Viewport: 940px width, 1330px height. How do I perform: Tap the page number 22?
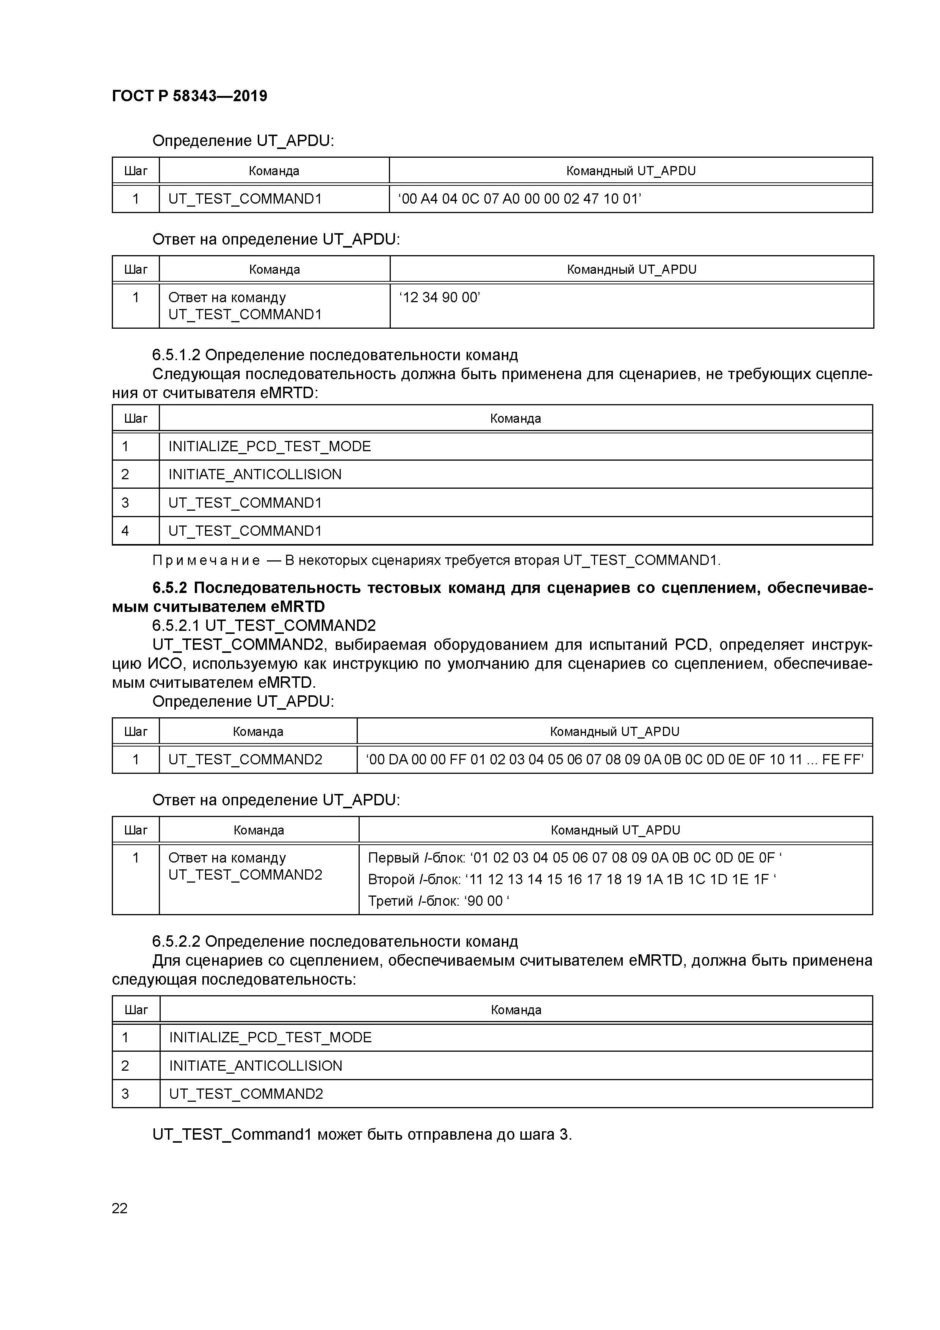coord(119,1208)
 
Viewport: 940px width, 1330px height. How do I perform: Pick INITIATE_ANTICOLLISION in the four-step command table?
coord(255,474)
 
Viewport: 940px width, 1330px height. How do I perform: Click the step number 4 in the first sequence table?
coord(125,531)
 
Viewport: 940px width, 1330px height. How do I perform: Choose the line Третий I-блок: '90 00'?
coord(439,901)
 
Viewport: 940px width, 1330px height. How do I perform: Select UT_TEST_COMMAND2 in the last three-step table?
coord(246,1094)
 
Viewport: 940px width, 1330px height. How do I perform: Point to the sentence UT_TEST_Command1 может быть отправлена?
coord(362,1135)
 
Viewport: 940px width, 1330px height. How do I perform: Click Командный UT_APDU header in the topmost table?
coord(631,171)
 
